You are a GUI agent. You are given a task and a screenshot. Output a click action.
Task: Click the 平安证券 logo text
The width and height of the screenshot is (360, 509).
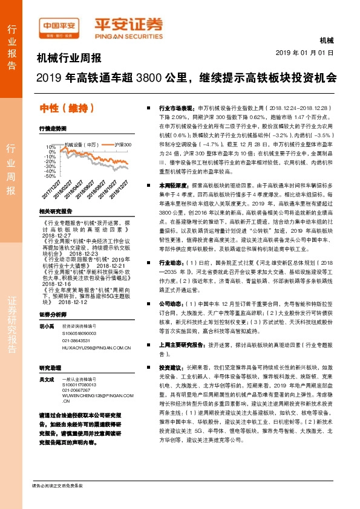(x=128, y=25)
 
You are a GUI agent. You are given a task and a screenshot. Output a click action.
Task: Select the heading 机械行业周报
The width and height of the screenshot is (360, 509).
(x=69, y=59)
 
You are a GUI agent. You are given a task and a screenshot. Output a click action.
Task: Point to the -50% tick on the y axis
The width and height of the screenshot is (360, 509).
(x=50, y=175)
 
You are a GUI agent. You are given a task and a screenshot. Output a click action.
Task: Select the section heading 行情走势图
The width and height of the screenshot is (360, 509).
(x=52, y=129)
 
